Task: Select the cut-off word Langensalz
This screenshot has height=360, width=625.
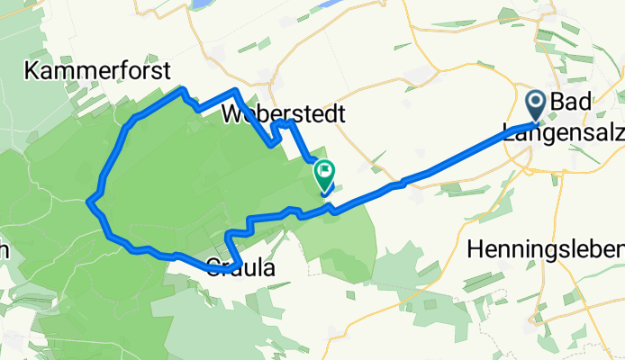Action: [x=564, y=133]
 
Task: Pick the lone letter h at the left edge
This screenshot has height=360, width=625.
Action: [x=4, y=251]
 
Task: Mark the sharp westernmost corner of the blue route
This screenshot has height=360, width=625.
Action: [x=88, y=202]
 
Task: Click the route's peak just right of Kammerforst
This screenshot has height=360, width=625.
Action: [x=184, y=89]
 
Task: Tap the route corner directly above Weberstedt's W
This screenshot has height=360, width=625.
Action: [x=234, y=90]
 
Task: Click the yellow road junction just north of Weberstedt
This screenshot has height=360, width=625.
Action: [x=270, y=83]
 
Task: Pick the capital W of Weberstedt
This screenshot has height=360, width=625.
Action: [x=232, y=114]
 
